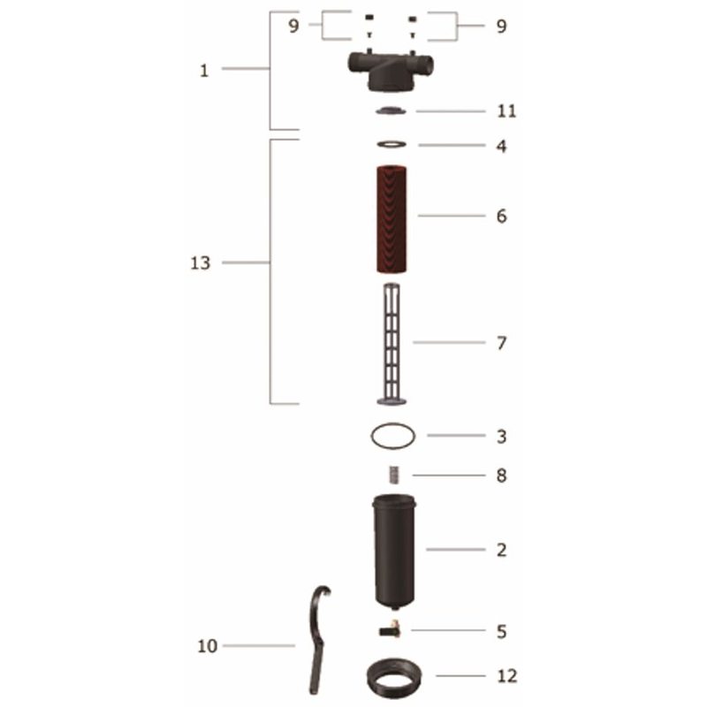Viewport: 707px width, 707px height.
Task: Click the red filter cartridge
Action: [392, 219]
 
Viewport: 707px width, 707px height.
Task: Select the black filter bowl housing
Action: [394, 551]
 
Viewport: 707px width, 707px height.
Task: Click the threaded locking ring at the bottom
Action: [394, 678]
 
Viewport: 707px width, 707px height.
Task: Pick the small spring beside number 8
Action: [394, 475]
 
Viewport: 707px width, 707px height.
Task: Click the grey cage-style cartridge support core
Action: [392, 344]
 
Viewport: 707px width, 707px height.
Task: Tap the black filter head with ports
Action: [391, 71]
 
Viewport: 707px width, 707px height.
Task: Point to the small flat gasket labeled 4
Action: [392, 144]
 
